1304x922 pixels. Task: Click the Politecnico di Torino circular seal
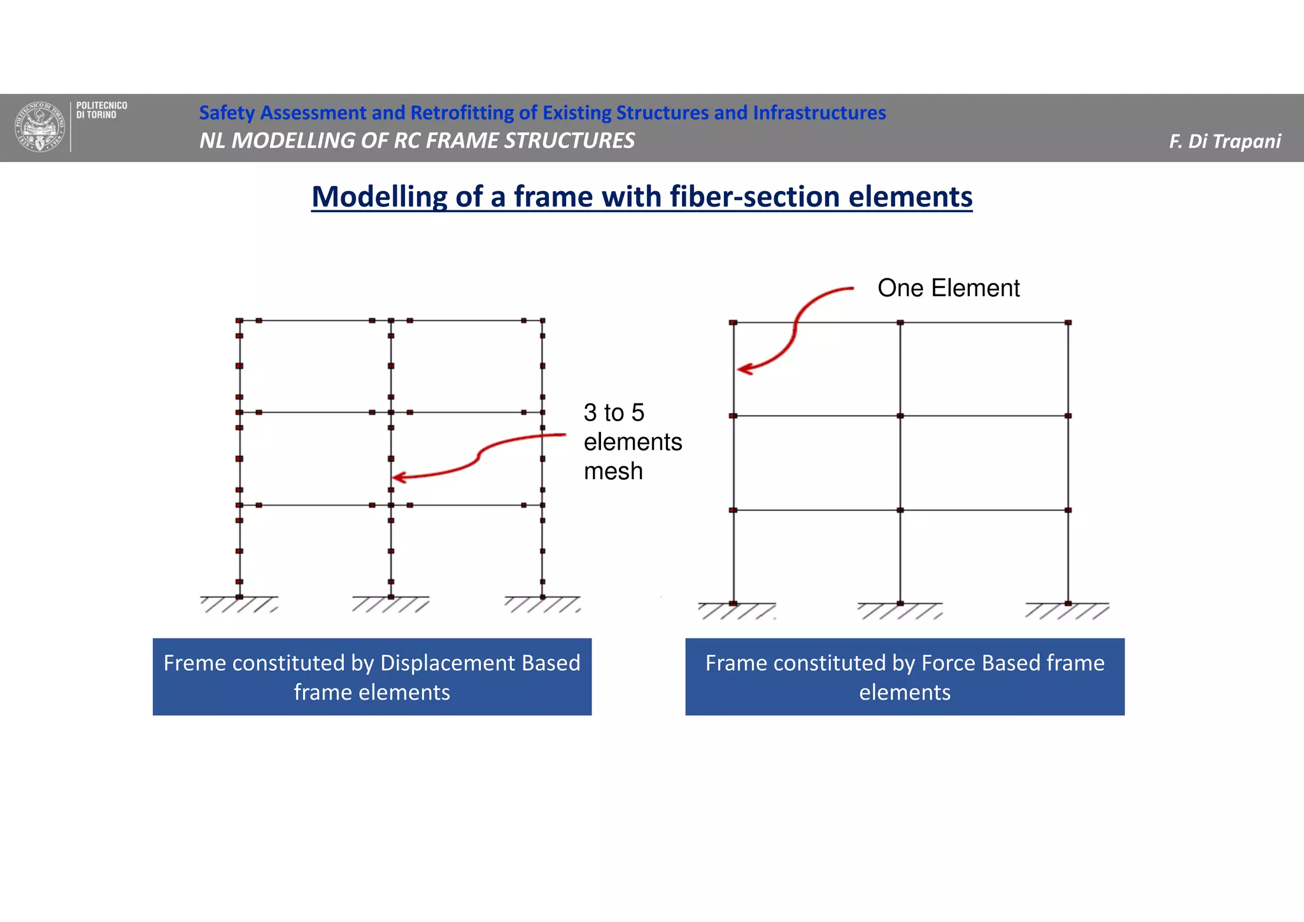coord(40,127)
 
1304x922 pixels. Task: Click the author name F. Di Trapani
coord(1224,141)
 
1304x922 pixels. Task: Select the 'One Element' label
coord(948,288)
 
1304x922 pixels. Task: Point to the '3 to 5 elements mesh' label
coord(632,442)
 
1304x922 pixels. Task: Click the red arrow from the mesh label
coord(478,457)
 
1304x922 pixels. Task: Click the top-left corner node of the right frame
coord(733,323)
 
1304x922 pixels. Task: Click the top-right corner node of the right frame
coord(1068,323)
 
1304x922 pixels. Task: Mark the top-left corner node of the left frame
coord(239,321)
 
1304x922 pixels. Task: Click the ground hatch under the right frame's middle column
coord(900,611)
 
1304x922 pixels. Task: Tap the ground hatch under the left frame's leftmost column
coord(239,605)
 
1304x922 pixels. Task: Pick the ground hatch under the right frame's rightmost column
coord(1067,611)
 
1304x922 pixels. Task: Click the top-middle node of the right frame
coord(900,323)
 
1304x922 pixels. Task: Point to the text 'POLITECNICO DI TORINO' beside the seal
coord(101,110)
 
